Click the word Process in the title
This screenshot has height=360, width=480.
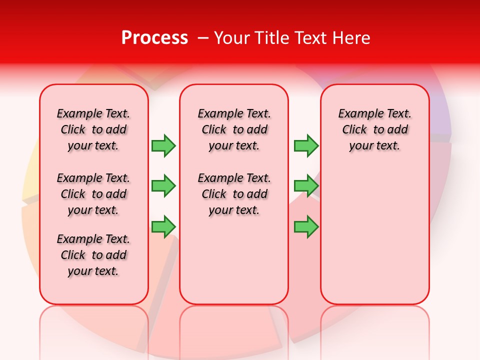click(x=154, y=38)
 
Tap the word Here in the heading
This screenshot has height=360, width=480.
click(x=352, y=38)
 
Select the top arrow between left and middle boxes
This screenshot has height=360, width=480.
click(x=163, y=145)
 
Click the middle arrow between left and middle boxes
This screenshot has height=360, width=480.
click(x=163, y=186)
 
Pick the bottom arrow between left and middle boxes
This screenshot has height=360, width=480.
click(x=163, y=226)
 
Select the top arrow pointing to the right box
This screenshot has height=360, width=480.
click(x=306, y=145)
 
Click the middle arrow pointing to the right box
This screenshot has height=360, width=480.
click(x=306, y=186)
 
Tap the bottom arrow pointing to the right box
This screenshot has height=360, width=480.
click(x=306, y=226)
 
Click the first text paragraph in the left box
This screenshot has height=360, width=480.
click(x=93, y=129)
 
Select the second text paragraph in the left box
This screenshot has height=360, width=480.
click(x=93, y=194)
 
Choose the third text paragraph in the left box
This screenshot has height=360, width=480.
click(x=93, y=255)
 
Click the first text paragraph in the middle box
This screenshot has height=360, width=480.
click(x=234, y=129)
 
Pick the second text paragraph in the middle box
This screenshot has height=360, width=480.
click(x=234, y=194)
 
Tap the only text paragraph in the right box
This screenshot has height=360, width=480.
click(x=374, y=129)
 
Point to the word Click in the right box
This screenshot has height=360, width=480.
click(x=354, y=130)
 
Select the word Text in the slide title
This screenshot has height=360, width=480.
click(x=312, y=38)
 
